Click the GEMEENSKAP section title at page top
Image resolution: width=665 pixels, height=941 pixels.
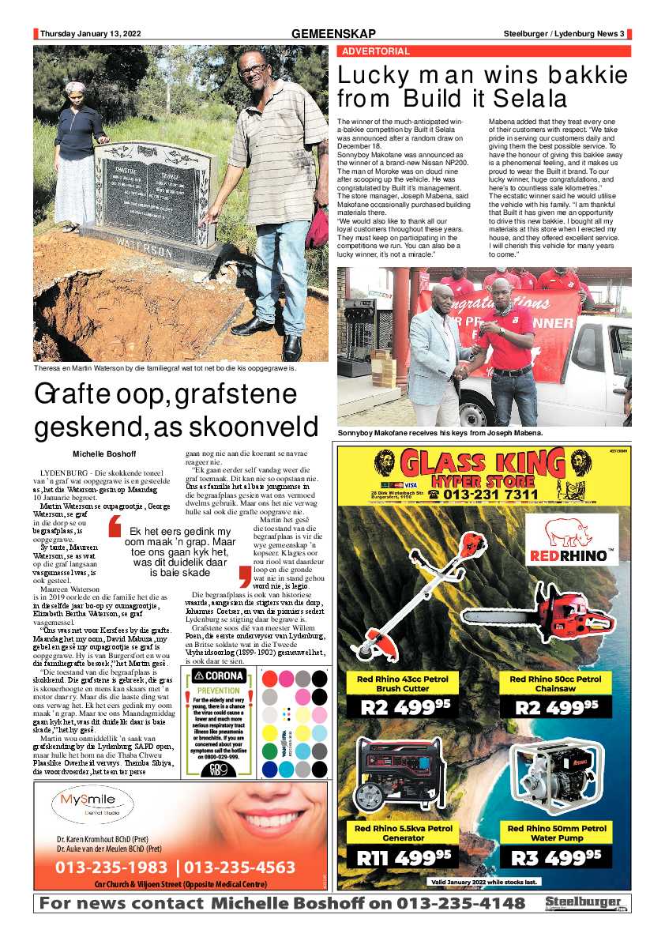[x=332, y=34]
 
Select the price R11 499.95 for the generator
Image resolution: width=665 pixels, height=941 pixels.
[x=404, y=856]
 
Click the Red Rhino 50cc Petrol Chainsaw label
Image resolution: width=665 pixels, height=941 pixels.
[x=556, y=683]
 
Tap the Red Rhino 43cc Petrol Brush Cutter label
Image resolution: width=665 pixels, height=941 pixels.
[x=403, y=683]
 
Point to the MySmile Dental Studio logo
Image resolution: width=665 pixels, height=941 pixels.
[x=87, y=808]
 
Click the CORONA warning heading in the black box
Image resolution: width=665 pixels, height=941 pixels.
[x=212, y=676]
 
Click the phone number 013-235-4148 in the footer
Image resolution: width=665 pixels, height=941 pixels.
[x=461, y=904]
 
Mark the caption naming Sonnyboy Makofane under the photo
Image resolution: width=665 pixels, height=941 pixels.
[x=439, y=434]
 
